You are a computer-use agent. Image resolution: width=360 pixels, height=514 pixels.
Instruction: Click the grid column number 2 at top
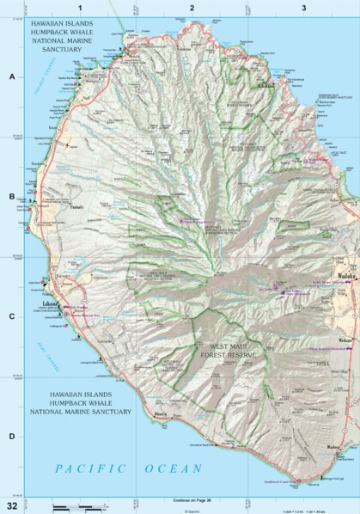[192, 8]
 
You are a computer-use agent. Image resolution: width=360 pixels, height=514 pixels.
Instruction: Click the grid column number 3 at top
[303, 8]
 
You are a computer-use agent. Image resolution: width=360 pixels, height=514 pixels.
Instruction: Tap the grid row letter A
[11, 76]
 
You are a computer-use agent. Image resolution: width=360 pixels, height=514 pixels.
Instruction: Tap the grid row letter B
[11, 197]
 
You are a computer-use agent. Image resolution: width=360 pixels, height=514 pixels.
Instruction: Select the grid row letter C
[11, 316]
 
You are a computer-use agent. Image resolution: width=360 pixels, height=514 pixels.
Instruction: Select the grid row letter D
[11, 436]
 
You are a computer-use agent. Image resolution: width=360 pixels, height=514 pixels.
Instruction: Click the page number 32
[12, 505]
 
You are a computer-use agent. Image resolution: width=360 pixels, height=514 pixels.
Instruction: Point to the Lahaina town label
[51, 303]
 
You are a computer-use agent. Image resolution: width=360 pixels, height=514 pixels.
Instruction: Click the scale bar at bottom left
[73, 508]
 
